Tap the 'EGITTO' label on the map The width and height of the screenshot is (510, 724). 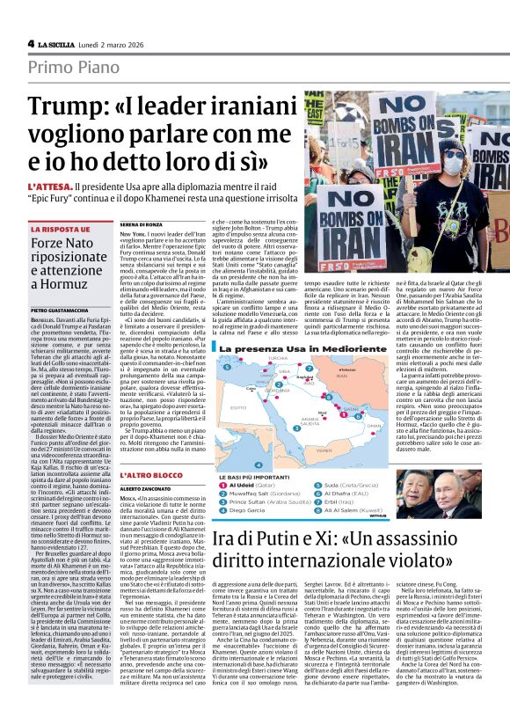232,407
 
